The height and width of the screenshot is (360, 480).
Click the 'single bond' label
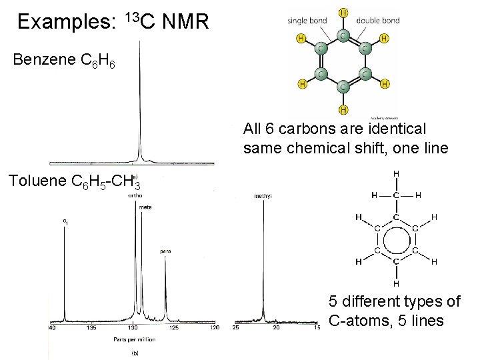(307, 21)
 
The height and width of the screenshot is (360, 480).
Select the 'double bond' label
(378, 21)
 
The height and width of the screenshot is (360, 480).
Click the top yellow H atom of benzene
(343, 12)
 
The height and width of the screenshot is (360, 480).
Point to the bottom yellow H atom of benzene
(343, 109)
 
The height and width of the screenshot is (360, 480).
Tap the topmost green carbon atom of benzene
(343, 34)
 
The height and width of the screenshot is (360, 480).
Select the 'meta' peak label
(145, 208)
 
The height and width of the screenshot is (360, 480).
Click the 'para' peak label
(165, 251)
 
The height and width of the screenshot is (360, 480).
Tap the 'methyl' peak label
(262, 196)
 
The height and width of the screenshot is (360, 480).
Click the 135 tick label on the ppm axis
(91, 328)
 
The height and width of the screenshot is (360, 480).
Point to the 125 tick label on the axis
(174, 328)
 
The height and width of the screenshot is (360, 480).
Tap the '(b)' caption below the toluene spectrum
(135, 353)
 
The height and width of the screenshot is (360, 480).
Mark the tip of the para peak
(165, 256)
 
